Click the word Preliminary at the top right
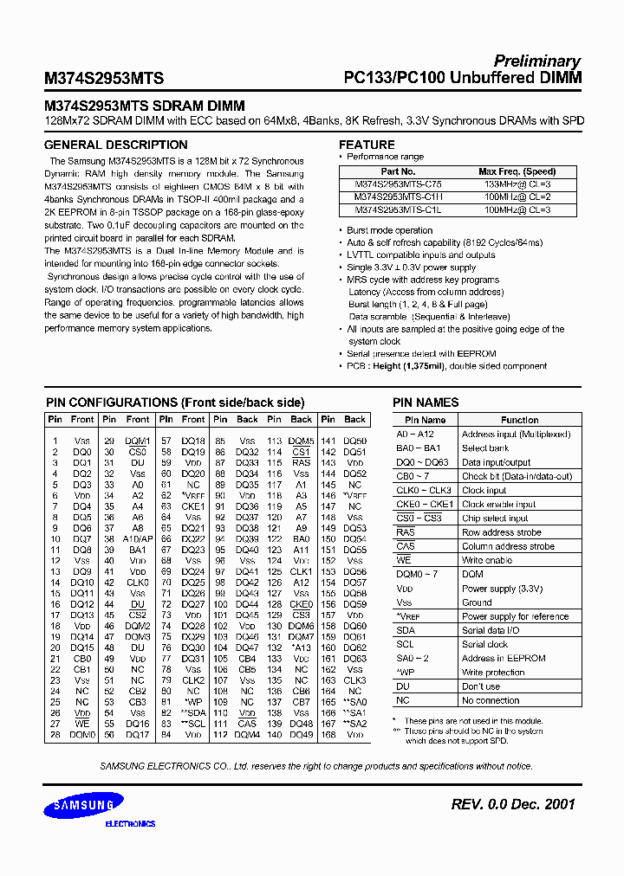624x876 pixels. point(536,61)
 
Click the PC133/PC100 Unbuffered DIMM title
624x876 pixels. point(462,78)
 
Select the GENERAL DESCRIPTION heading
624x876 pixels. point(115,145)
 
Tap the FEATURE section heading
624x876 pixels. point(367,145)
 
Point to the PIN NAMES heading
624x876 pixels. point(426,403)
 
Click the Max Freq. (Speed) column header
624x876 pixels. point(517,172)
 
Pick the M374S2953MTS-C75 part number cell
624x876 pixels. point(398,184)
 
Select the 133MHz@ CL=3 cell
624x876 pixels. point(517,184)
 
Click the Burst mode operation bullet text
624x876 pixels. point(389,231)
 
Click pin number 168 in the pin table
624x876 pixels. point(328,735)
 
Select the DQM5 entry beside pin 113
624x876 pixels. point(301,441)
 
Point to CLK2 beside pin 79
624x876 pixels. point(192,680)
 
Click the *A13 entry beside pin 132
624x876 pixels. point(301,647)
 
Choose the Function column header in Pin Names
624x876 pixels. point(519,420)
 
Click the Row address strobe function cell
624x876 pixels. point(501,532)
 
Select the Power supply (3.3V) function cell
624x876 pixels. point(502,589)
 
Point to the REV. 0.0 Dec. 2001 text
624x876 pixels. point(513,804)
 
